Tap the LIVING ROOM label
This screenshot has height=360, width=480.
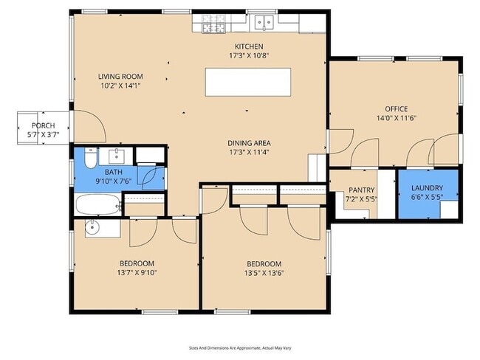[x=120, y=76]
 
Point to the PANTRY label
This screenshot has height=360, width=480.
[x=361, y=190]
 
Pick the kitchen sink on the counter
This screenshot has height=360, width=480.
[x=264, y=23]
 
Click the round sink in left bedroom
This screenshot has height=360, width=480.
[x=92, y=228]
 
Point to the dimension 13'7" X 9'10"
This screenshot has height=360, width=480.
[x=137, y=272]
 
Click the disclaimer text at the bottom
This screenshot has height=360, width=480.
[x=240, y=347]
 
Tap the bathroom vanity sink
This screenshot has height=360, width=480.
[x=117, y=156]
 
